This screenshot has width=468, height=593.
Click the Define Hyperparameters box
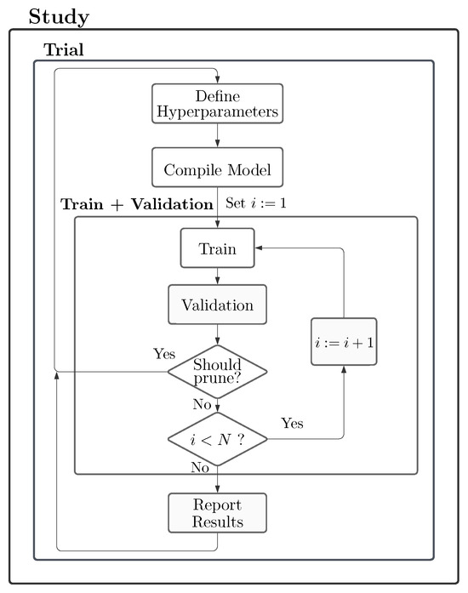(x=217, y=103)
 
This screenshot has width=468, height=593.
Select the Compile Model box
(x=217, y=167)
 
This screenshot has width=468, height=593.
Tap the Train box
(x=217, y=248)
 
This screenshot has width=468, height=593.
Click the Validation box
(x=217, y=305)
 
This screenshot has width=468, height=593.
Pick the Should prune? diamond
(x=217, y=372)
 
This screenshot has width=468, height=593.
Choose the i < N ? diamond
(x=217, y=439)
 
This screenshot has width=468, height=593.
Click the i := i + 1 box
(x=344, y=342)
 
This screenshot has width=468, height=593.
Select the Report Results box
(x=217, y=513)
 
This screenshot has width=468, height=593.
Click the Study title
(x=59, y=17)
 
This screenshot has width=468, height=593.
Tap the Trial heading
(x=64, y=49)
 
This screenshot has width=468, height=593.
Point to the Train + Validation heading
(x=137, y=204)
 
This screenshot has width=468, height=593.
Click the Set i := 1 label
(x=256, y=203)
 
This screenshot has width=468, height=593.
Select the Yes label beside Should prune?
(x=164, y=354)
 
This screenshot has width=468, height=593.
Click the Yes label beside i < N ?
(x=292, y=423)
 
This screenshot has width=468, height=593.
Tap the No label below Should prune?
(x=202, y=404)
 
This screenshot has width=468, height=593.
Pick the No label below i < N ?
(x=200, y=467)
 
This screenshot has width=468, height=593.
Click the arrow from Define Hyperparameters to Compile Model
(x=217, y=135)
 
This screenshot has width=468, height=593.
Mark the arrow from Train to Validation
(x=217, y=276)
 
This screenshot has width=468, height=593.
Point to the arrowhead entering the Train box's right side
(x=259, y=248)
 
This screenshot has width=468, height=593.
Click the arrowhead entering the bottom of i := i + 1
(x=344, y=369)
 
